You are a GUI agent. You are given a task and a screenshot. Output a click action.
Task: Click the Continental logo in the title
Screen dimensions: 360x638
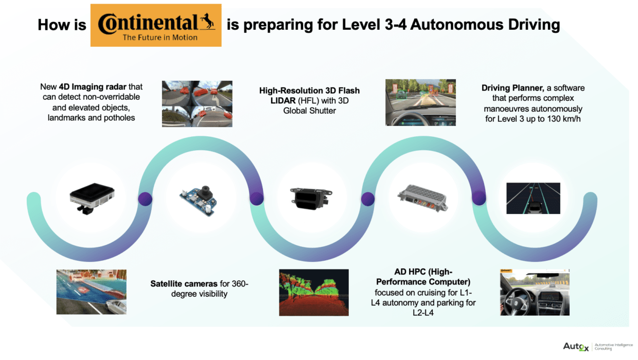click(156, 25)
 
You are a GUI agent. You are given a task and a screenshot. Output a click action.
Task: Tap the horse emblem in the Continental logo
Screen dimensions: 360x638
click(208, 21)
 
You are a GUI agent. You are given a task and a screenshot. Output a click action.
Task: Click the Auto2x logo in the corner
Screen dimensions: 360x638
click(576, 347)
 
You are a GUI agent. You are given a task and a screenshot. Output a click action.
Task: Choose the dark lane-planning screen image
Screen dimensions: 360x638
click(533, 198)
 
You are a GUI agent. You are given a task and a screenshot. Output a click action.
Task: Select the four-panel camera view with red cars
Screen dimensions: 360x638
click(197, 103)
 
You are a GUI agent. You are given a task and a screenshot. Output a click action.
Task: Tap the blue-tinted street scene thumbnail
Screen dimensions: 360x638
click(91, 292)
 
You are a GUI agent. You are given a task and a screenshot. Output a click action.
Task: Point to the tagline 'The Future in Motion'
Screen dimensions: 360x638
click(159, 37)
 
